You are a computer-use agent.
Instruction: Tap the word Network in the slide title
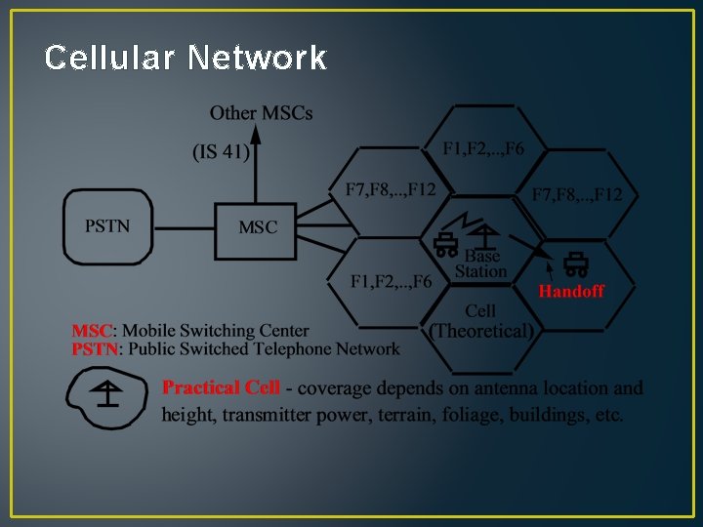tap(257, 59)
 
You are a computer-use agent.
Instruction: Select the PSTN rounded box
tap(107, 226)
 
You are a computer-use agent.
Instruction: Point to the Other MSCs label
tap(262, 113)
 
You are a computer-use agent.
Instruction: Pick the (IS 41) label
tap(221, 151)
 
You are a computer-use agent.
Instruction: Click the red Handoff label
tap(571, 291)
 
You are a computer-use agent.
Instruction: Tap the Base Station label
tap(481, 263)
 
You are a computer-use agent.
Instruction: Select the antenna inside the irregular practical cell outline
tap(108, 392)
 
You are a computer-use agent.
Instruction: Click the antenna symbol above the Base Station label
tap(484, 235)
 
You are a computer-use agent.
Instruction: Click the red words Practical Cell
tap(221, 387)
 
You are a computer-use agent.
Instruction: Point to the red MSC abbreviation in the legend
tap(93, 331)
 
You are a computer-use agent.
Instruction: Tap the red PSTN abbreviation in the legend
tap(96, 348)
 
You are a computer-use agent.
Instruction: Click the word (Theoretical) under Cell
tap(482, 330)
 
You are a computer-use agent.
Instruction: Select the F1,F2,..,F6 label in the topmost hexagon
tap(483, 148)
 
